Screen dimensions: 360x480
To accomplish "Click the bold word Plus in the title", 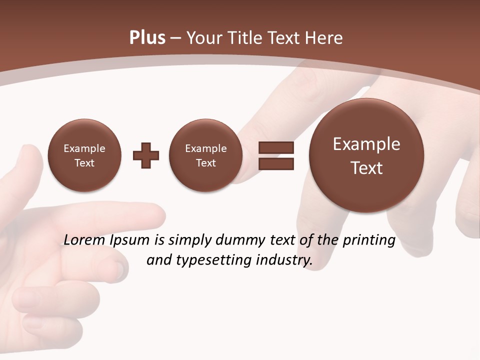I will pos(147,38).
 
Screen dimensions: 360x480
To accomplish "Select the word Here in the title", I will pos(325,38).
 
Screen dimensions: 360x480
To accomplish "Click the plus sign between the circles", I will pos(146,155).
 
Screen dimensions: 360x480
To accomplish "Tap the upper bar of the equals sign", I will pos(276,147).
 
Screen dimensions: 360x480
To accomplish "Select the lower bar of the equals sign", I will pos(276,163).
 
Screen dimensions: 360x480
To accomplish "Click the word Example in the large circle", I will pos(366,144).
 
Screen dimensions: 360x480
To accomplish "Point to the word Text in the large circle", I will pos(366,168).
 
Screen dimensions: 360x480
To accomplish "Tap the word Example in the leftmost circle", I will pos(84,148).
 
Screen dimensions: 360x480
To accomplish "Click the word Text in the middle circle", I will pos(205,163).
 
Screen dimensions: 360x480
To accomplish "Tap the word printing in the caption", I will pos(369,240).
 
